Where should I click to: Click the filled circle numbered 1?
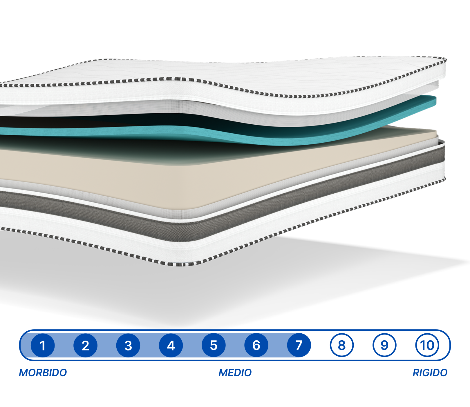[x=43, y=345]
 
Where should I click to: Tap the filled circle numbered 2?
[x=85, y=345]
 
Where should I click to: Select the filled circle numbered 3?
[x=128, y=345]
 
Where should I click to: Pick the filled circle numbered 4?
[x=171, y=345]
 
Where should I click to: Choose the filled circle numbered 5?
[x=214, y=345]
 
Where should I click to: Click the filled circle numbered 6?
[x=256, y=345]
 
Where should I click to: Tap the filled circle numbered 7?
[x=299, y=345]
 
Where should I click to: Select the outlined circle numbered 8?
[x=342, y=345]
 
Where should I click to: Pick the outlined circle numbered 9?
[x=384, y=345]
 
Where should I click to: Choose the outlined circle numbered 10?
[x=427, y=345]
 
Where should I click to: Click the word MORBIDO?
[x=43, y=373]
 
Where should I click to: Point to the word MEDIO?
[x=235, y=373]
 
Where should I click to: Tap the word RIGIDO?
[x=430, y=373]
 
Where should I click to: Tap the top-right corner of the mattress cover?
[x=444, y=59]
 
